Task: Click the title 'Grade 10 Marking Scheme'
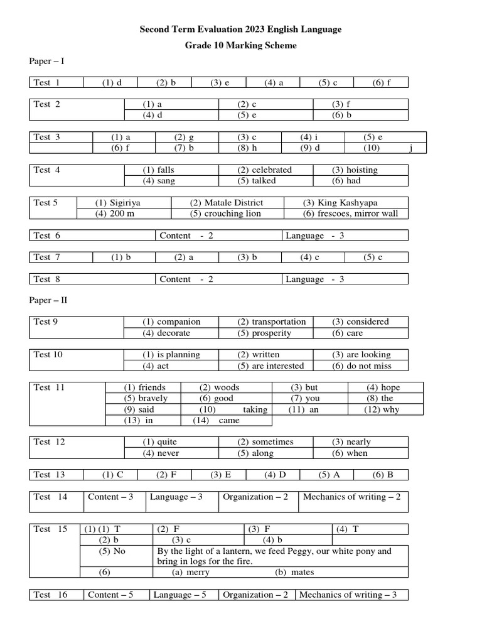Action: [240, 45]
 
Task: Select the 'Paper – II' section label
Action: [48, 300]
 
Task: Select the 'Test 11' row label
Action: [50, 387]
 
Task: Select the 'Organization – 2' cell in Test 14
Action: [255, 497]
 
